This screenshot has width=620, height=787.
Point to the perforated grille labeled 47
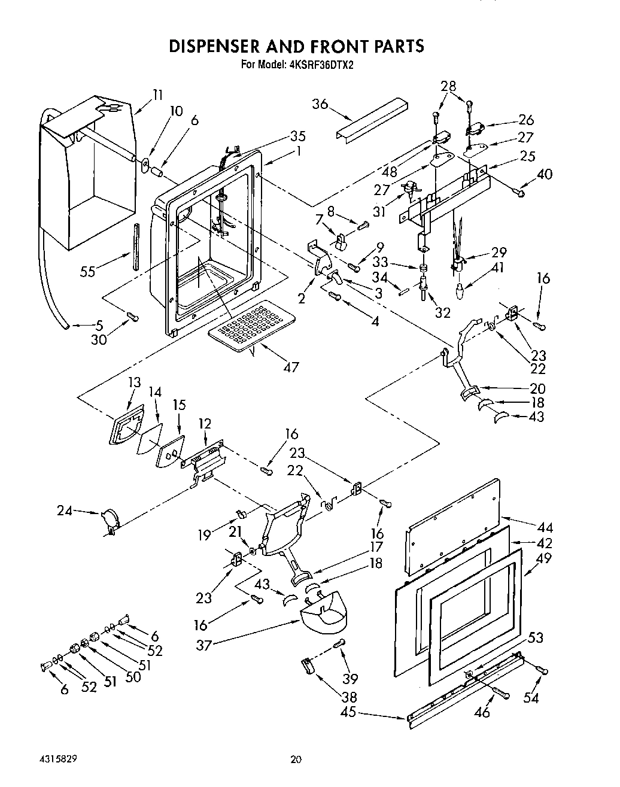(251, 324)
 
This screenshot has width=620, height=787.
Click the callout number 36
(321, 104)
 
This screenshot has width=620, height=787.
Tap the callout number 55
(89, 272)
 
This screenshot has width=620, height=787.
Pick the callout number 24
(65, 511)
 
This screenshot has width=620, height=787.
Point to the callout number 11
(157, 94)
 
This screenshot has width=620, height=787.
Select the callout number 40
(545, 174)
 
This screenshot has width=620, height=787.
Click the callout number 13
(134, 382)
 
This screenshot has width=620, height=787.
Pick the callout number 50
(133, 676)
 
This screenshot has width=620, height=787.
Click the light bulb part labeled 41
(460, 292)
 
